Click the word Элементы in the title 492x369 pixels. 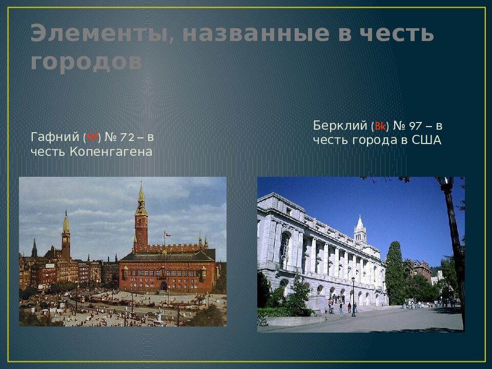97,34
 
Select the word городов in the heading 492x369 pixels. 86,62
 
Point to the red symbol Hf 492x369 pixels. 92,137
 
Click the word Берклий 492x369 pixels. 340,126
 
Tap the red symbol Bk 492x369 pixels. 380,126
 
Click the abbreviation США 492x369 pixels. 426,140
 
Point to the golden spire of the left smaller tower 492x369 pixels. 66,223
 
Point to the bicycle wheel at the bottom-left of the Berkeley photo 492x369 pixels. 262,322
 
